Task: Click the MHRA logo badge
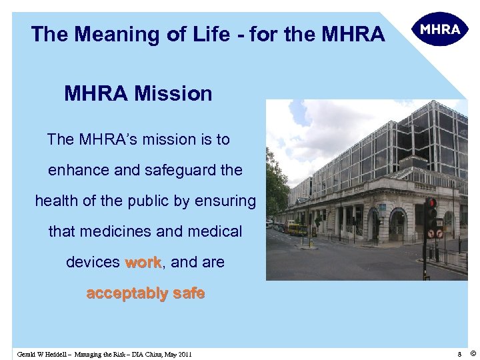(x=440, y=29)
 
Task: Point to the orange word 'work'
(x=143, y=263)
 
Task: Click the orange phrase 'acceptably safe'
(x=145, y=293)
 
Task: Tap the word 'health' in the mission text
(x=57, y=201)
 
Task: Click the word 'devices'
(x=93, y=263)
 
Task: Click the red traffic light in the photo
(x=431, y=203)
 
